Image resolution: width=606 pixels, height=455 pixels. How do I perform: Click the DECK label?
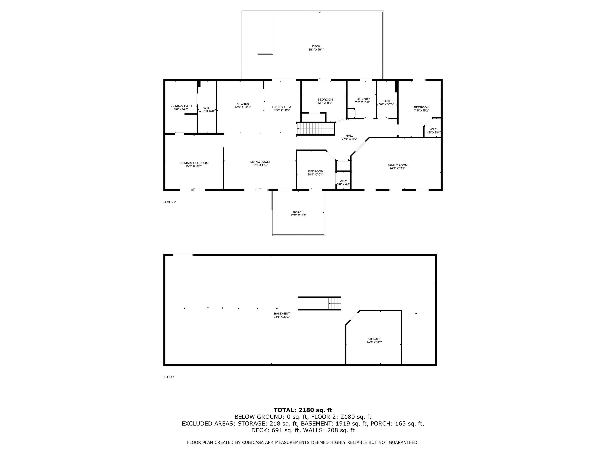pos(316,46)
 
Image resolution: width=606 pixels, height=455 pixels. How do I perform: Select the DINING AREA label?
pos(281,107)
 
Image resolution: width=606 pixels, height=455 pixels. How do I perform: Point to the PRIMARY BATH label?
pos(181,106)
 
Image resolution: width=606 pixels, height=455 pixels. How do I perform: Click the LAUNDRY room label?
pos(362,99)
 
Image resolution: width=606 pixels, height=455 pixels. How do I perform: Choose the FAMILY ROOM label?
pos(397,165)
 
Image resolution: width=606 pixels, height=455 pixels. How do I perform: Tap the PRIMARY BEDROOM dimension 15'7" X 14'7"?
pos(194,166)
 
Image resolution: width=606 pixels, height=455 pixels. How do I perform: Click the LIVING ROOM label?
pos(260,162)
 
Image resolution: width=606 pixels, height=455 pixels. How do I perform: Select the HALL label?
pos(349,135)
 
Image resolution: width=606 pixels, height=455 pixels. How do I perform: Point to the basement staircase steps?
pos(335,304)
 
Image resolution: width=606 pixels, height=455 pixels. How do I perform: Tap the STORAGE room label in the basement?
pos(374,339)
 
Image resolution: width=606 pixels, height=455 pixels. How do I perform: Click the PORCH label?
pos(298,212)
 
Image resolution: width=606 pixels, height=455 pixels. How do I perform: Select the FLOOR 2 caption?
pos(170,202)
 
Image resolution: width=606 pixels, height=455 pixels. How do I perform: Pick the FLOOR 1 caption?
pos(170,377)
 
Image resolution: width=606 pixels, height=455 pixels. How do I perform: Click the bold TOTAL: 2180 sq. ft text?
pos(303,410)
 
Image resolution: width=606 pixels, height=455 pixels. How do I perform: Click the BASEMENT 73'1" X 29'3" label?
pos(282,315)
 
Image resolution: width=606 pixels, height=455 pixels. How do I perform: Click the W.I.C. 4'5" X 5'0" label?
pos(433,131)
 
